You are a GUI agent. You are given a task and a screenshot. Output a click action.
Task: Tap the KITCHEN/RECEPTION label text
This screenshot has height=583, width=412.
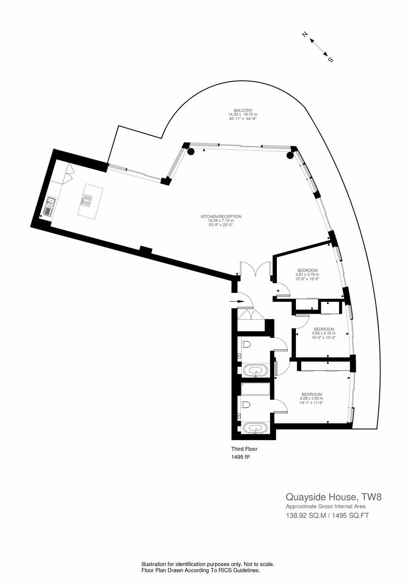pos(221,217)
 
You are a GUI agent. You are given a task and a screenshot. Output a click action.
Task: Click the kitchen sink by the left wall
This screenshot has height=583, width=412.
pos(49,209)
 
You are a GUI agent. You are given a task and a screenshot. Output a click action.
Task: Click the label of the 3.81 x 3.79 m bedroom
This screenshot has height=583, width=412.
pos(308,270)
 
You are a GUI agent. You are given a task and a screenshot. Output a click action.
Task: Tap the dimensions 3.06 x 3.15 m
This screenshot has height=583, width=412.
pos(324,333)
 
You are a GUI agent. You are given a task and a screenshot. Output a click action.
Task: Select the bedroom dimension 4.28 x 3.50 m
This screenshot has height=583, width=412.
pos(311,398)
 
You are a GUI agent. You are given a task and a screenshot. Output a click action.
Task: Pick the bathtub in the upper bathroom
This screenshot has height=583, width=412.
pos(254,372)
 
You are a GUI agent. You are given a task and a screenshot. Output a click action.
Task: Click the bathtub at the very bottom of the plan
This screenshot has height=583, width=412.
pos(254,428)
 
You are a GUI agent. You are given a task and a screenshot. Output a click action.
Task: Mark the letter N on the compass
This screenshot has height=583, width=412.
pos(305,35)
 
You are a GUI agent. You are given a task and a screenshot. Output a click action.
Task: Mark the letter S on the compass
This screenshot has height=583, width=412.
pos(330,60)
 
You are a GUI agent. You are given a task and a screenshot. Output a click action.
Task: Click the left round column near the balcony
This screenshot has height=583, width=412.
pos(191,152)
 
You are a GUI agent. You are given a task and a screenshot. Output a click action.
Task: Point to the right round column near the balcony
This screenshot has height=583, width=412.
pos(290,155)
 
